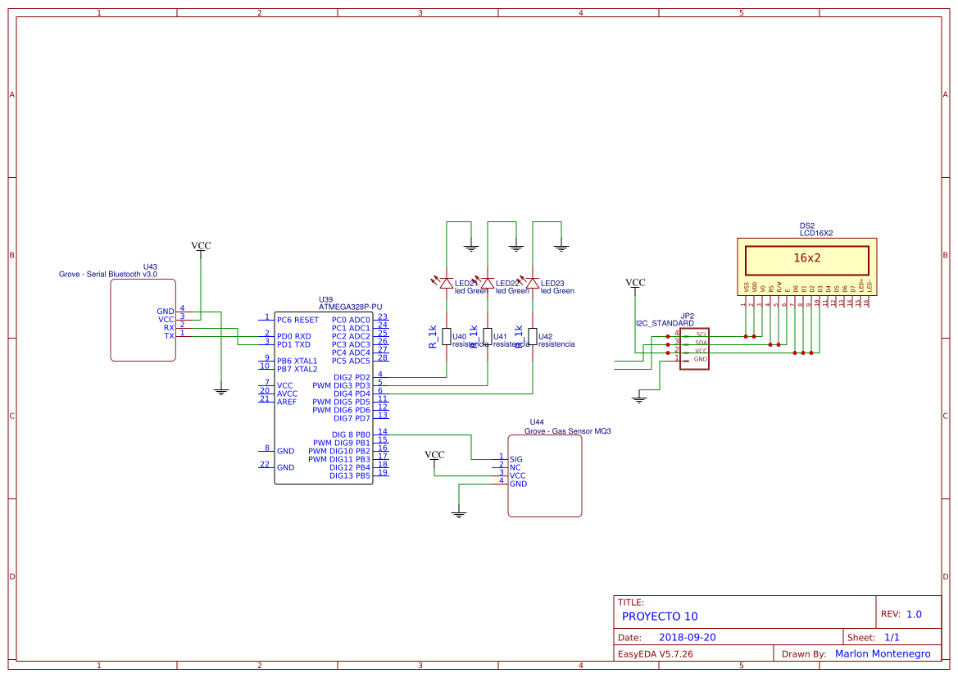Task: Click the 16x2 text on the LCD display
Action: pyautogui.click(x=806, y=258)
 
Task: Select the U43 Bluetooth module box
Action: pyautogui.click(x=143, y=320)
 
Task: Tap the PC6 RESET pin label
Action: pyautogui.click(x=297, y=320)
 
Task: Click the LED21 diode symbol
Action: pyautogui.click(x=446, y=284)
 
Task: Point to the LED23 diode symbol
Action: pyautogui.click(x=533, y=284)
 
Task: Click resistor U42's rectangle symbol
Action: pyautogui.click(x=533, y=336)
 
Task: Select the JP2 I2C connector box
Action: pyautogui.click(x=694, y=349)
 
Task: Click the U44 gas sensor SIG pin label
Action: pyautogui.click(x=515, y=459)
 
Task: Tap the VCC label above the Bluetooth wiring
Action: pyautogui.click(x=201, y=245)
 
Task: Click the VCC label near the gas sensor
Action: pyautogui.click(x=434, y=454)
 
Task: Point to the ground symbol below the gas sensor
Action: pyautogui.click(x=459, y=514)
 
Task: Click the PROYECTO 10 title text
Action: pyautogui.click(x=660, y=617)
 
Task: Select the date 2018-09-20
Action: pyautogui.click(x=688, y=637)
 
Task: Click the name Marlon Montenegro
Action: pyautogui.click(x=883, y=654)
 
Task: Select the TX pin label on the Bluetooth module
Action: pyautogui.click(x=169, y=336)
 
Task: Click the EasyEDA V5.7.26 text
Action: pyautogui.click(x=655, y=654)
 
